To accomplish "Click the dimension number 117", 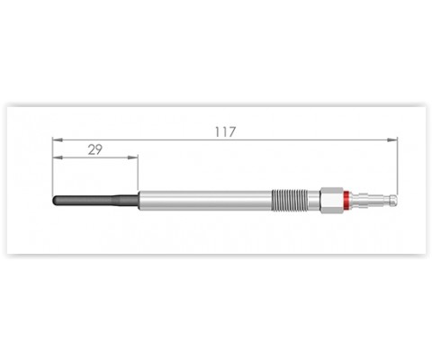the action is click(x=225, y=132).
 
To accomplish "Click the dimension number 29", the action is click(x=95, y=149).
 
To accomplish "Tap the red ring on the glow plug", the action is click(x=346, y=201).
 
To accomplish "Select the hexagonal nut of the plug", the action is click(x=332, y=201).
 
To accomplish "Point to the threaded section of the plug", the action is click(x=290, y=201).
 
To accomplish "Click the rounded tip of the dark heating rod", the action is click(x=54, y=201).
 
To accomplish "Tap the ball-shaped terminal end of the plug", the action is click(x=393, y=199).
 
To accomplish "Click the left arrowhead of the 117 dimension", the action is click(x=58, y=139).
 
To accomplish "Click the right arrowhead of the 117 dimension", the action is click(x=392, y=139).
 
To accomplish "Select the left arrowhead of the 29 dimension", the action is click(x=58, y=157).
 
